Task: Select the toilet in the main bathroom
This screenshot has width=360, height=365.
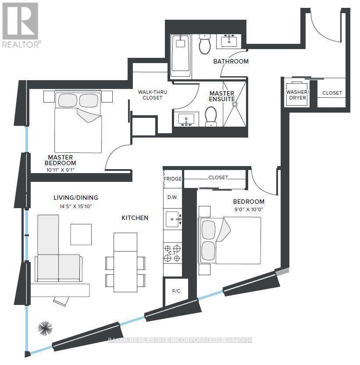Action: coord(205,45)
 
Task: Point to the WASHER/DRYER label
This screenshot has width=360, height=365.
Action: coord(297,95)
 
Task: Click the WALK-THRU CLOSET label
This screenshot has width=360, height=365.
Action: coord(152,95)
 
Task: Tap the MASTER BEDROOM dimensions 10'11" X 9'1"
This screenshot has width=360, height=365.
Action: coord(61,170)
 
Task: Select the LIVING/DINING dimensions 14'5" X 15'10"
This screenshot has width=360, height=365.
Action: coord(72,206)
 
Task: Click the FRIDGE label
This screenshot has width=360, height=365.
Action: coord(172,178)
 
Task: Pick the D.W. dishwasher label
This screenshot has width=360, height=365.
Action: coord(172,197)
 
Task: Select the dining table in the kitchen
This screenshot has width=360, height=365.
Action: coord(125,262)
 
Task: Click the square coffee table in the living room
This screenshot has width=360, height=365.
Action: coord(81,234)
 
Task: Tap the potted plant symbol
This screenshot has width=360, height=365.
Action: coord(45,328)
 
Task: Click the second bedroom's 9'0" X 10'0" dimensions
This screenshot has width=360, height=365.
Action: coord(248,209)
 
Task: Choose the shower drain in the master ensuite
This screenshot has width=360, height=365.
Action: coord(235,105)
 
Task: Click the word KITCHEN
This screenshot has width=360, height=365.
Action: coord(135,218)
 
